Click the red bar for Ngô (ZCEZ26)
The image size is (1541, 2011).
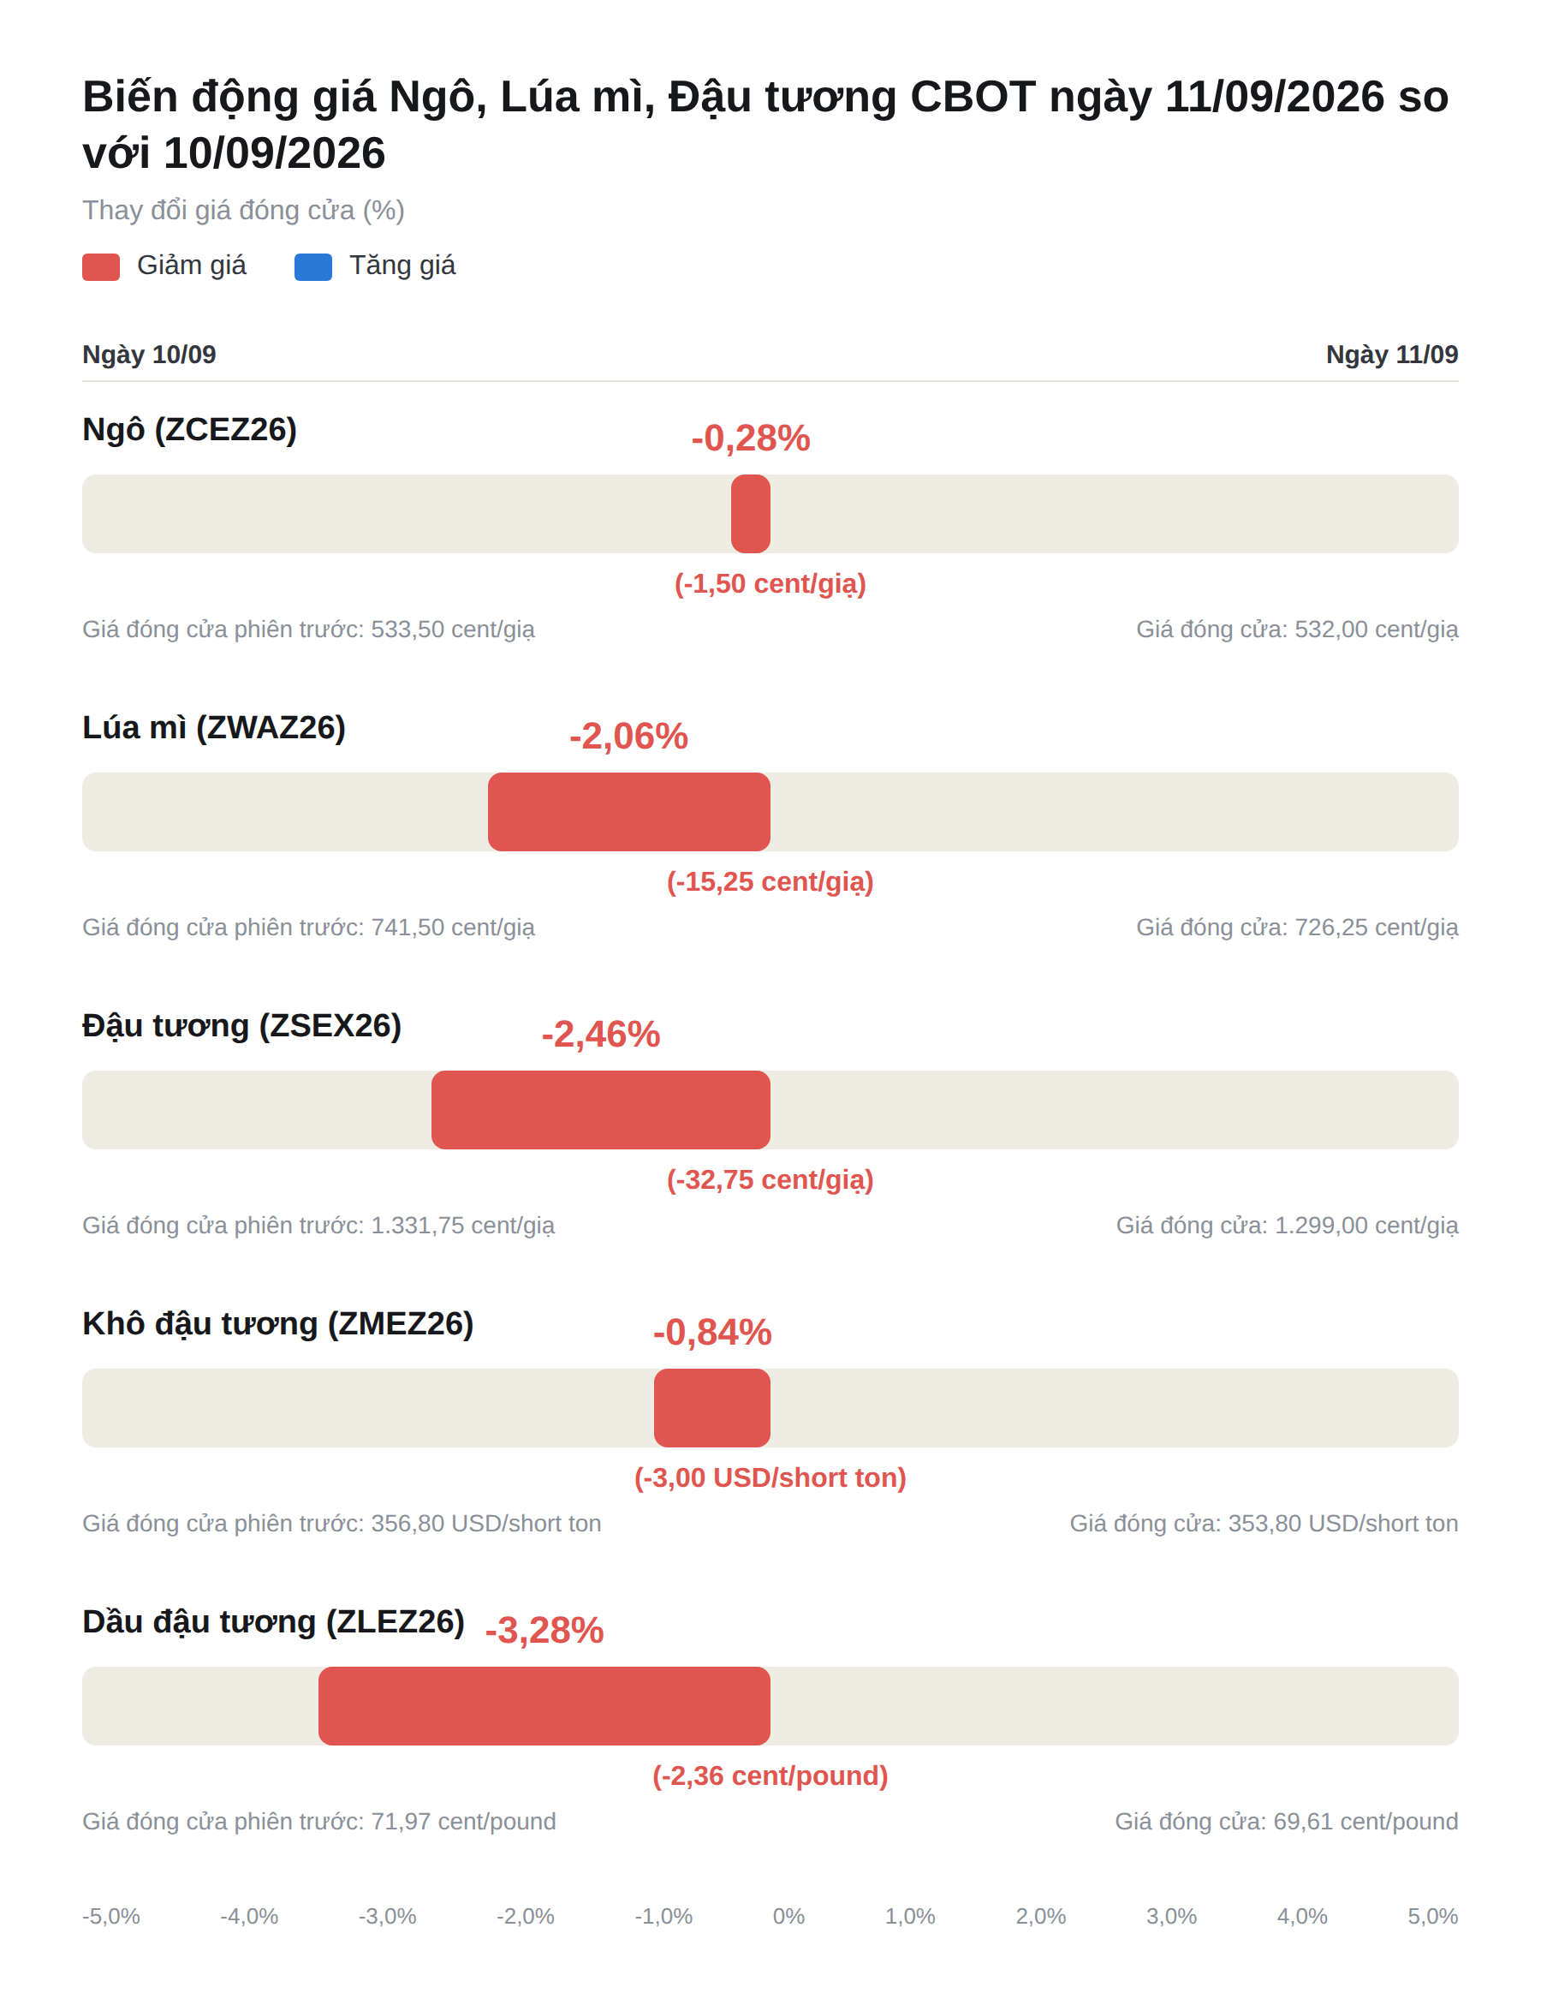pyautogui.click(x=750, y=514)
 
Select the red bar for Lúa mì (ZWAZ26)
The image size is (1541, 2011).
pyautogui.click(x=629, y=812)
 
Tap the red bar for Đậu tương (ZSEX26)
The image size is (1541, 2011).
pyautogui.click(x=601, y=1110)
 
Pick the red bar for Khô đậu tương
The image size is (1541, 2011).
pyautogui.click(x=711, y=1408)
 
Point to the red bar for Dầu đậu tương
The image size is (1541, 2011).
pyautogui.click(x=544, y=1706)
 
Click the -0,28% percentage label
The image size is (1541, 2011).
pyautogui.click(x=750, y=439)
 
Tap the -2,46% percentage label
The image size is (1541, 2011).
pyautogui.click(x=601, y=1035)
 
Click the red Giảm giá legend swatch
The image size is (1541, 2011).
pyautogui.click(x=101, y=267)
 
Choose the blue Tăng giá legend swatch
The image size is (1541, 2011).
pyautogui.click(x=312, y=267)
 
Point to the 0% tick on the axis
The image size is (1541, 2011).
pyautogui.click(x=788, y=1917)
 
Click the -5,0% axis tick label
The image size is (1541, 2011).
pyautogui.click(x=111, y=1917)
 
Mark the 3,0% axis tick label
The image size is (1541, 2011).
pyautogui.click(x=1171, y=1917)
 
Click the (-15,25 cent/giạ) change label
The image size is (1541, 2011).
pyautogui.click(x=770, y=881)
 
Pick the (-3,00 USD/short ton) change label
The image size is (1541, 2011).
pyautogui.click(x=770, y=1478)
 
